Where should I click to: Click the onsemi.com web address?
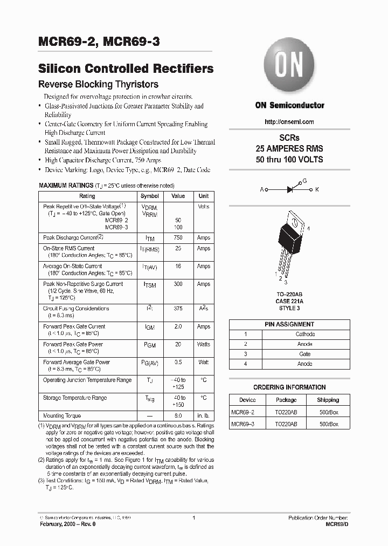pos(289,122)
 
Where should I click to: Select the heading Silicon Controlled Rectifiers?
pos(126,69)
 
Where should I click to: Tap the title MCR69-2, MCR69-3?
pos(99,43)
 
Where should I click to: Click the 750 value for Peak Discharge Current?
pos(178,237)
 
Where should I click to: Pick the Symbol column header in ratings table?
pos(150,196)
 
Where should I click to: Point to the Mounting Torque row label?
pos(62,416)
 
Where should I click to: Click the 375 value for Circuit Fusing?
pos(178,309)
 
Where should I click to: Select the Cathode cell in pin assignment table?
pos(305,334)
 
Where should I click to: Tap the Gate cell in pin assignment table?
pos(305,354)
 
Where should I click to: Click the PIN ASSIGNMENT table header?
pos(289,324)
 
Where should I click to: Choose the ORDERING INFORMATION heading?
pos(289,387)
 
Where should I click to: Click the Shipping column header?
pos(328,400)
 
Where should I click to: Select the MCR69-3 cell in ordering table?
pos(243,424)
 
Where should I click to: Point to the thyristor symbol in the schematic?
pos(294,189)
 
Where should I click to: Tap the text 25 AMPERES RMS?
pos(289,148)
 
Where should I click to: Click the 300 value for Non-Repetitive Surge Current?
pos(178,284)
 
